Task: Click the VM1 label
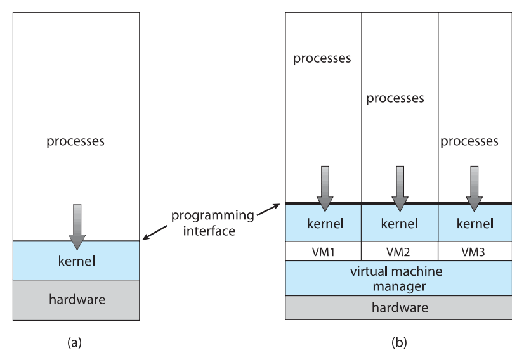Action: [x=323, y=252]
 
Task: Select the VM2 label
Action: [x=398, y=252]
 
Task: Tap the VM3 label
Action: [x=473, y=252]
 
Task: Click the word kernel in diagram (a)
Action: [x=77, y=261]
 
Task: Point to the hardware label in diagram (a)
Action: [x=77, y=299]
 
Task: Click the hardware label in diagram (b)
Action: [x=400, y=307]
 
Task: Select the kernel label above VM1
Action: [x=325, y=223]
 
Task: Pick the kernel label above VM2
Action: [x=399, y=223]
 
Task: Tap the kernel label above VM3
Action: [x=475, y=223]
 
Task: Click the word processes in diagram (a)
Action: [x=75, y=141]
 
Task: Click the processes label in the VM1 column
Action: [x=322, y=58]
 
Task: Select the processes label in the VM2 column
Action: [x=395, y=98]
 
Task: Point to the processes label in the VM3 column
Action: [x=469, y=141]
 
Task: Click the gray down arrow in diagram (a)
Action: [x=77, y=227]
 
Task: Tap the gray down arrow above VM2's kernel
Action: [x=400, y=189]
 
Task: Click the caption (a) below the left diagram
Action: [x=74, y=342]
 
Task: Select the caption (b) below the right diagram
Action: [x=399, y=342]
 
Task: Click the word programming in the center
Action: [x=213, y=215]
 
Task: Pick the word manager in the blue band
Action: [x=400, y=286]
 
